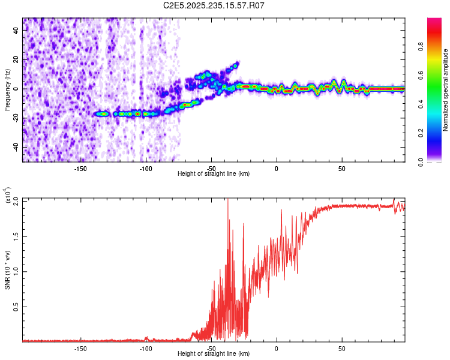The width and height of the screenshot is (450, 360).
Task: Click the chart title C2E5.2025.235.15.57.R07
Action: (214, 5)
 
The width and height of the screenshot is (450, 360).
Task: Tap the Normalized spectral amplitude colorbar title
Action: (446, 89)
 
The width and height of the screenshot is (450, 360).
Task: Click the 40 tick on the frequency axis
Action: (16, 31)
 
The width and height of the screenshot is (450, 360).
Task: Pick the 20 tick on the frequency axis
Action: (16, 60)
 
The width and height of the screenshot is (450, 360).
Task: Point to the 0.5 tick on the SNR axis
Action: (16, 307)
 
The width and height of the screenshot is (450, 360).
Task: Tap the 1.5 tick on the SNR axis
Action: (16, 236)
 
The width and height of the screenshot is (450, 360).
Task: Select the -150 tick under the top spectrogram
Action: (80, 169)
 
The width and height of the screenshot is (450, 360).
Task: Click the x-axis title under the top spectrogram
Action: (214, 174)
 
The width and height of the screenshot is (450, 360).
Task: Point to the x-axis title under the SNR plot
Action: (214, 354)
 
